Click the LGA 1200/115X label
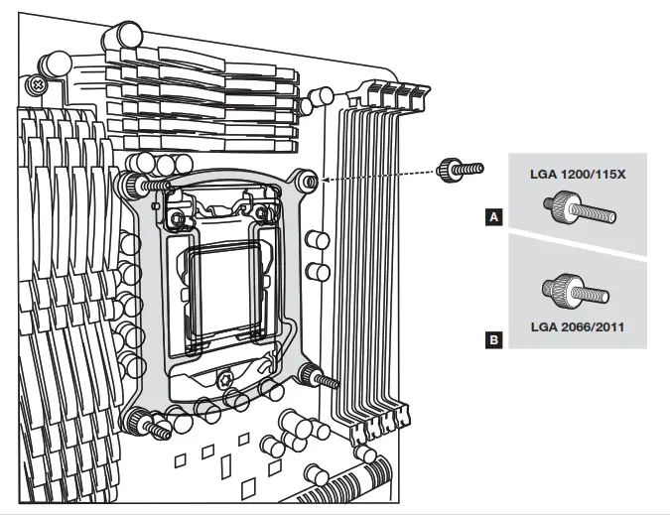[577, 175]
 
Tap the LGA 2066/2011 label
[577, 324]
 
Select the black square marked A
[493, 213]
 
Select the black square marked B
[493, 340]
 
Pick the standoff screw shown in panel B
[574, 290]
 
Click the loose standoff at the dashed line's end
[460, 171]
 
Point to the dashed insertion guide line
[377, 176]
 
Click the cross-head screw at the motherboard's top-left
[38, 85]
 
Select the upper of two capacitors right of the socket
[318, 240]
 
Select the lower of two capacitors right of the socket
[318, 271]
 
